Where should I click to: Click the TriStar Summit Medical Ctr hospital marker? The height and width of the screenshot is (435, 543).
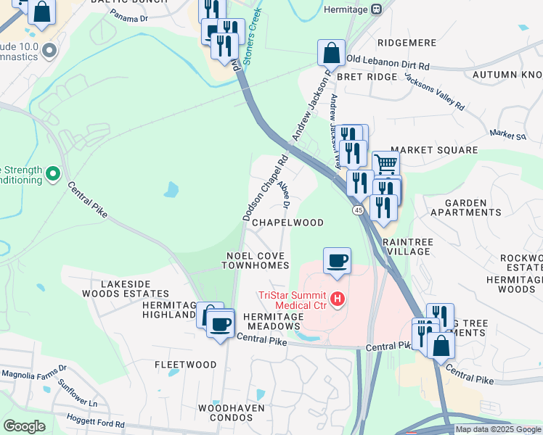tap(336, 298)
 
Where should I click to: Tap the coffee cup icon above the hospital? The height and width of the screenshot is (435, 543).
tap(336, 260)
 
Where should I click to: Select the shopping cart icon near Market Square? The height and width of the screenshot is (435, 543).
tap(385, 164)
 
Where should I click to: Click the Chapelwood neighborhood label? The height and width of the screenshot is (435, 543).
tap(287, 223)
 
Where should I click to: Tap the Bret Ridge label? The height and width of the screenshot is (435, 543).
tap(372, 76)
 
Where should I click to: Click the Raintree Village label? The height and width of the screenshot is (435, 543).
tap(407, 245)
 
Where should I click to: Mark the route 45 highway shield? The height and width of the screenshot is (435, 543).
tap(359, 210)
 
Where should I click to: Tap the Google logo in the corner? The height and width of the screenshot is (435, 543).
tap(23, 426)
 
